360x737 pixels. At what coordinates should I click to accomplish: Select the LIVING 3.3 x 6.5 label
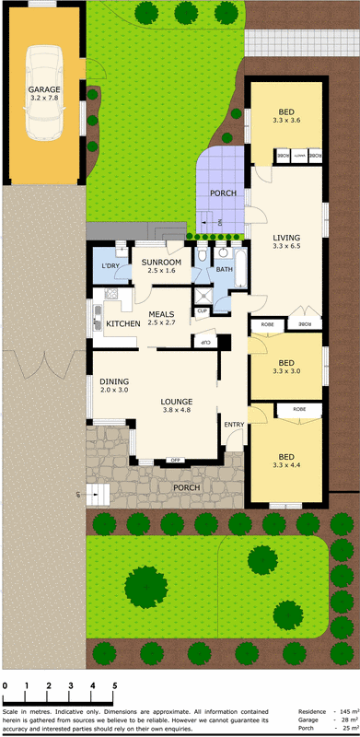pyautogui.click(x=286, y=241)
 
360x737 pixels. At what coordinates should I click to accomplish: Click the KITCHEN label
pyautogui.click(x=122, y=324)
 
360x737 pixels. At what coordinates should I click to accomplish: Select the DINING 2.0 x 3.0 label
pyautogui.click(x=115, y=385)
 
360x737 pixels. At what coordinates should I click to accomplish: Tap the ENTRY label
pyautogui.click(x=234, y=423)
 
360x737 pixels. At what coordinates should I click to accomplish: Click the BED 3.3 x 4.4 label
pyautogui.click(x=286, y=462)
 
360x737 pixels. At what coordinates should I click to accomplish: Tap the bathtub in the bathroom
pyautogui.click(x=241, y=267)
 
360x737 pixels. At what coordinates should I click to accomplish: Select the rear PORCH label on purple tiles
pyautogui.click(x=223, y=193)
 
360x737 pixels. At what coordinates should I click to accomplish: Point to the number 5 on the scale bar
pyautogui.click(x=114, y=686)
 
